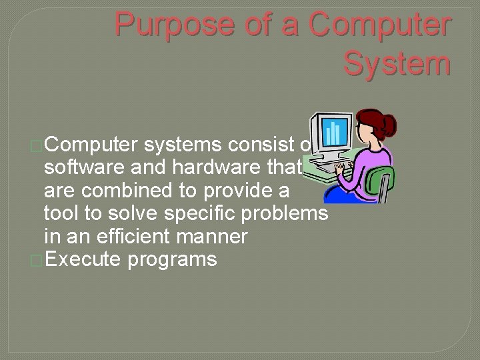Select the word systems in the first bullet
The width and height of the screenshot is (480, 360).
tap(183, 145)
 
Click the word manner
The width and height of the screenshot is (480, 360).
tap(215, 236)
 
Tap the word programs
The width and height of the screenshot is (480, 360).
tap(172, 259)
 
